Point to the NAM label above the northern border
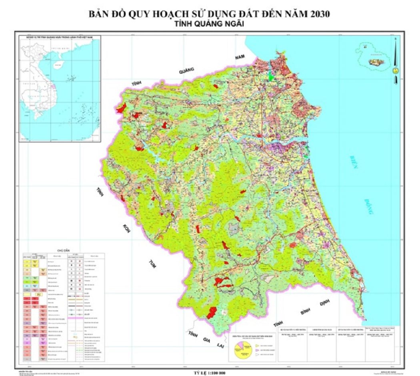pyautogui.click(x=239, y=58)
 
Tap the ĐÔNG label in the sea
pyautogui.click(x=368, y=207)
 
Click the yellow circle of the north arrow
pyautogui.click(x=395, y=70)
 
